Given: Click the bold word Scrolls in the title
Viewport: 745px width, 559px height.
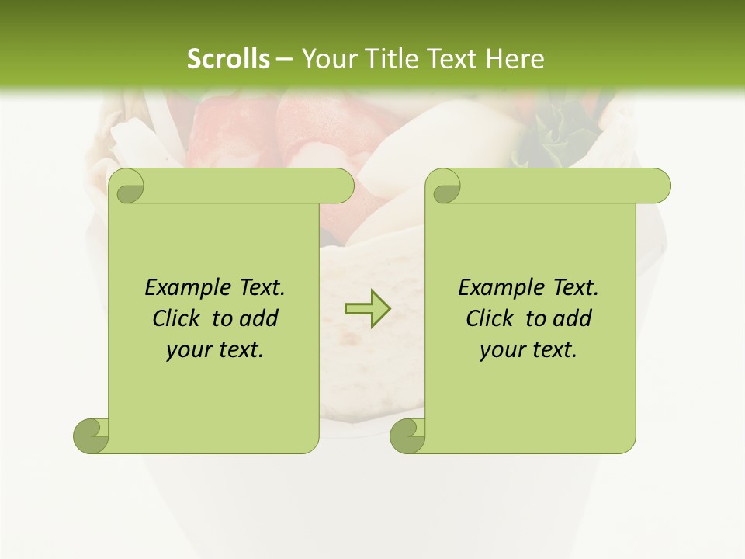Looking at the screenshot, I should click(x=228, y=59).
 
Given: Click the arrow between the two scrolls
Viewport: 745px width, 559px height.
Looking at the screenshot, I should click(x=367, y=309).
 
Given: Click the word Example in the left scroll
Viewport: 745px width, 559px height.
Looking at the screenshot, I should click(x=186, y=287).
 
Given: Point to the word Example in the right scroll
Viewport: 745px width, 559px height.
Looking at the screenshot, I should click(x=500, y=287).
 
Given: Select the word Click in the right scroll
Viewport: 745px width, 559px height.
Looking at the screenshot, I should click(x=491, y=318).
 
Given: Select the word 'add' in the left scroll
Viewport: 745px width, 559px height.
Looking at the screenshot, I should click(x=259, y=318).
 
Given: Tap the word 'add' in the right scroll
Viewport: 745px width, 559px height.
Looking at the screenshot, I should click(x=573, y=318).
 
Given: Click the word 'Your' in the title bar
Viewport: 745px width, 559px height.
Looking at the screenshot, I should click(x=327, y=59).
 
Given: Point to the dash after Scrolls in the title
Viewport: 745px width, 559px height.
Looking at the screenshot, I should click(x=284, y=59).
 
